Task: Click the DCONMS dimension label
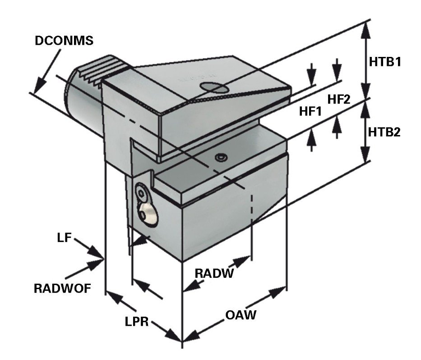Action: (x=64, y=40)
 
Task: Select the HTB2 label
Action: (x=384, y=132)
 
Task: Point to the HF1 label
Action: (x=310, y=111)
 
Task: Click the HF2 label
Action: (x=338, y=100)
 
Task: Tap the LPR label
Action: (x=138, y=321)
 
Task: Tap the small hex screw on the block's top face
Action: (x=221, y=157)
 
